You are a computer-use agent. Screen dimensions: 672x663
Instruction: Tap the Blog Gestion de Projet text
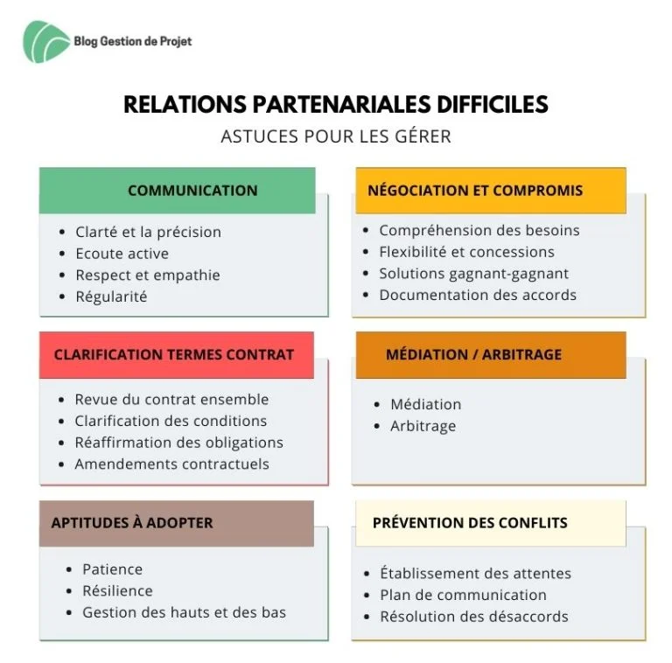(x=133, y=41)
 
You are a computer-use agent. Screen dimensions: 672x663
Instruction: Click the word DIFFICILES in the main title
(x=493, y=104)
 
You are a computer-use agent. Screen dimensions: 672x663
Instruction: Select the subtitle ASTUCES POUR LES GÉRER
(x=336, y=136)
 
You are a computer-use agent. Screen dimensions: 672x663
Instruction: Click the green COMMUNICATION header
(x=192, y=191)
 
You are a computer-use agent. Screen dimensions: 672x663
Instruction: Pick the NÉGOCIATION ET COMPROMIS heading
(x=475, y=191)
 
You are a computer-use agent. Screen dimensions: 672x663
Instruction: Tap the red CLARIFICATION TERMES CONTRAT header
(x=174, y=354)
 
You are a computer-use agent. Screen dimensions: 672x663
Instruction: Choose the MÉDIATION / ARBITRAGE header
(x=473, y=354)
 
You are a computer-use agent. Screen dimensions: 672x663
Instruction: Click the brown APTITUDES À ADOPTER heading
(x=132, y=523)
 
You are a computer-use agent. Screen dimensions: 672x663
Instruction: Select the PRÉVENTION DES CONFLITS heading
(x=470, y=523)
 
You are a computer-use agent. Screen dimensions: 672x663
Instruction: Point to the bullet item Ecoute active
(x=122, y=254)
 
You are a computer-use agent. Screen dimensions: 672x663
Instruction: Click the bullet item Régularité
(x=111, y=297)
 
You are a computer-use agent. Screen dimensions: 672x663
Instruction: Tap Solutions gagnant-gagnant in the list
(x=474, y=274)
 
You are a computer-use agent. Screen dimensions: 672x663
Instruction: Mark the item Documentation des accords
(x=478, y=295)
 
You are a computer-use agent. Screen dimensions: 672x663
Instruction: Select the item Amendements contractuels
(x=171, y=464)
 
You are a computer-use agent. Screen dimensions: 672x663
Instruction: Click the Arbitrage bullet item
(x=423, y=426)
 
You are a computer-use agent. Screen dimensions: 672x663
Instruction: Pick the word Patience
(x=112, y=569)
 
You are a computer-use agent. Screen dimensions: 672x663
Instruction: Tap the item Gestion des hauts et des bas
(x=185, y=612)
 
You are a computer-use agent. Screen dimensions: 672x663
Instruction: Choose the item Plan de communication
(x=463, y=596)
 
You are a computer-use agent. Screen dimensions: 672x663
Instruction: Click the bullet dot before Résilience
(x=69, y=591)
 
